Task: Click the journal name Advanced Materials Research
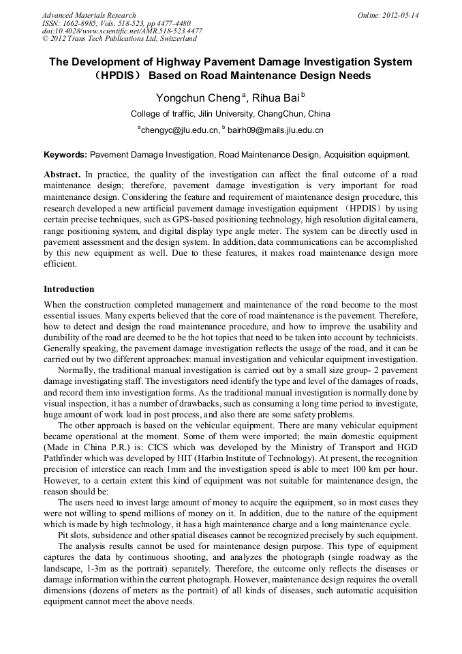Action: click(89, 15)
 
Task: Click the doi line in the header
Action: click(122, 31)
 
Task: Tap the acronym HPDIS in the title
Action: click(117, 76)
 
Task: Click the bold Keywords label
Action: click(65, 155)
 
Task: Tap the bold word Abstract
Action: click(62, 175)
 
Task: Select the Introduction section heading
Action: click(69, 289)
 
